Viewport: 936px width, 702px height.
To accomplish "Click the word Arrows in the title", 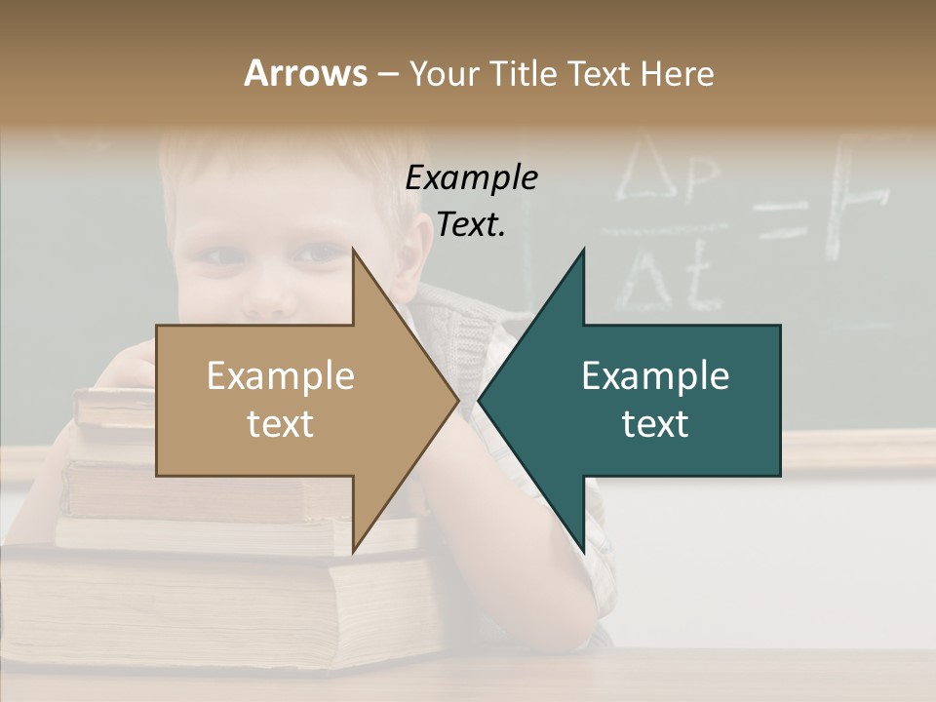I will [305, 73].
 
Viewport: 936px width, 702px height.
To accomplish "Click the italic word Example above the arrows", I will [472, 177].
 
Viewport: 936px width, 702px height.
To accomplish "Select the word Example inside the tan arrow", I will [281, 376].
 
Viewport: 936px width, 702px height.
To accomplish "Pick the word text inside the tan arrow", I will [281, 424].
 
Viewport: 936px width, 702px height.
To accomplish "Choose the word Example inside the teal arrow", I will [655, 376].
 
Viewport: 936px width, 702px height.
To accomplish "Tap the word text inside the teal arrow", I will [655, 424].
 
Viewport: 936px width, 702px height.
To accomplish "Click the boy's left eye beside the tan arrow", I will [317, 254].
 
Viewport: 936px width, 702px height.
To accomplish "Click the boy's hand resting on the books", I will [132, 366].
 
